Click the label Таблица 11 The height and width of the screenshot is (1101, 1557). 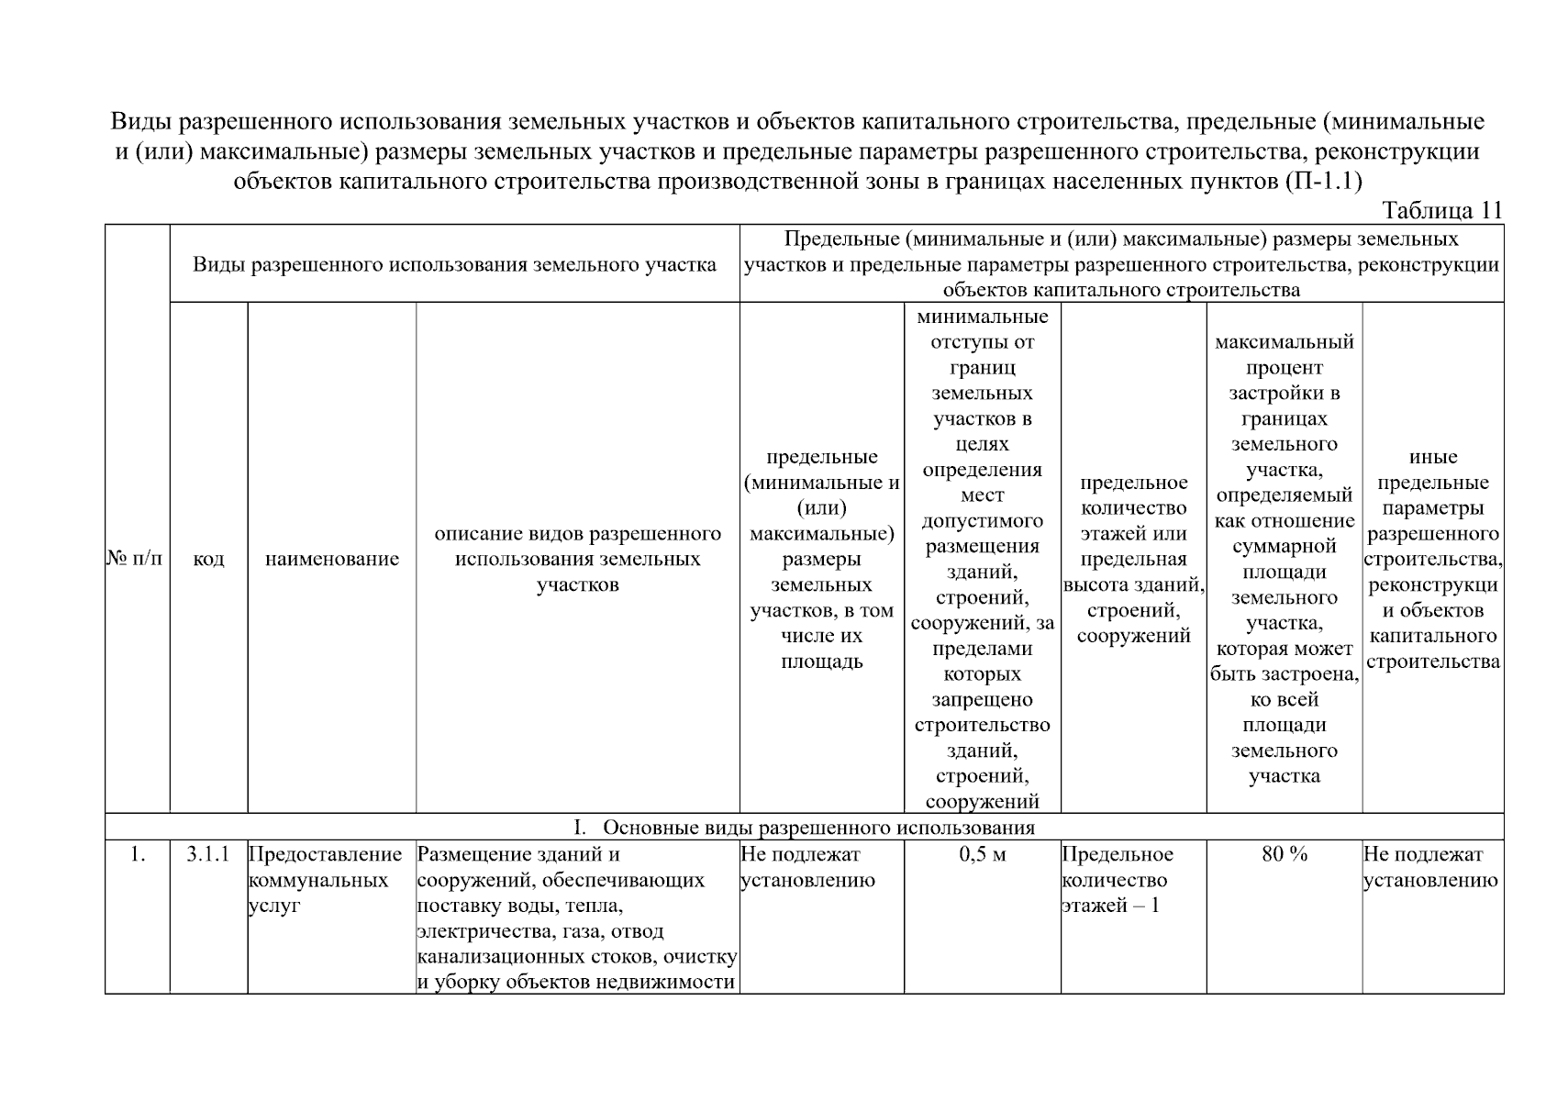pyautogui.click(x=1441, y=210)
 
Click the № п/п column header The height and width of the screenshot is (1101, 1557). pyautogui.click(x=136, y=558)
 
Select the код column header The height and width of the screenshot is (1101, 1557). pyautogui.click(x=208, y=558)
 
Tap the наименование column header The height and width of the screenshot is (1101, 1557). pyautogui.click(x=331, y=558)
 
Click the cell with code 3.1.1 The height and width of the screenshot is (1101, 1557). pyautogui.click(x=208, y=854)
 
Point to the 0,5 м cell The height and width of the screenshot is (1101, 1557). pyautogui.click(x=982, y=854)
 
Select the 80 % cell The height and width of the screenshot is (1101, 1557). pyautogui.click(x=1284, y=854)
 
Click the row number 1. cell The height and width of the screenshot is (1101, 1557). pyautogui.click(x=137, y=854)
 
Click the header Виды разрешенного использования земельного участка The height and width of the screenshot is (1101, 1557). pyautogui.click(x=454, y=264)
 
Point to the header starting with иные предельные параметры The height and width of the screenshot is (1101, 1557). pyautogui.click(x=1432, y=559)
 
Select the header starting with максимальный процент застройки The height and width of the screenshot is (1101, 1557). pyautogui.click(x=1284, y=559)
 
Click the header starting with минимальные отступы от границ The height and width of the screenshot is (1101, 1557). pyautogui.click(x=982, y=559)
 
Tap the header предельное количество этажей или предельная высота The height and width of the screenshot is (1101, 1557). pyautogui.click(x=1133, y=559)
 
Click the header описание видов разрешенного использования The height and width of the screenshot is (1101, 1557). pyautogui.click(x=577, y=559)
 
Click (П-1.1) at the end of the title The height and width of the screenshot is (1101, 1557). pyautogui.click(x=1321, y=180)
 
